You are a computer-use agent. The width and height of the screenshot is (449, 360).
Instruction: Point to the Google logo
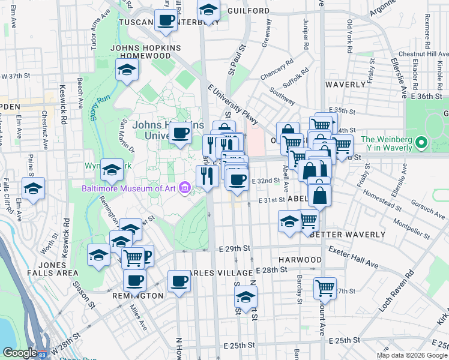20,353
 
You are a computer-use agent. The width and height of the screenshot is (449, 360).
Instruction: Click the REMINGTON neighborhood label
137,296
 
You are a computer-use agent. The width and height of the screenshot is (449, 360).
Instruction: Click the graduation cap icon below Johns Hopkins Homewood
127,70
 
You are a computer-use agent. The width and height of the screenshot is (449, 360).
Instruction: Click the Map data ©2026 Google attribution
412,355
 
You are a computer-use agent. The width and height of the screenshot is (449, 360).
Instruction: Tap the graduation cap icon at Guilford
208,10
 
